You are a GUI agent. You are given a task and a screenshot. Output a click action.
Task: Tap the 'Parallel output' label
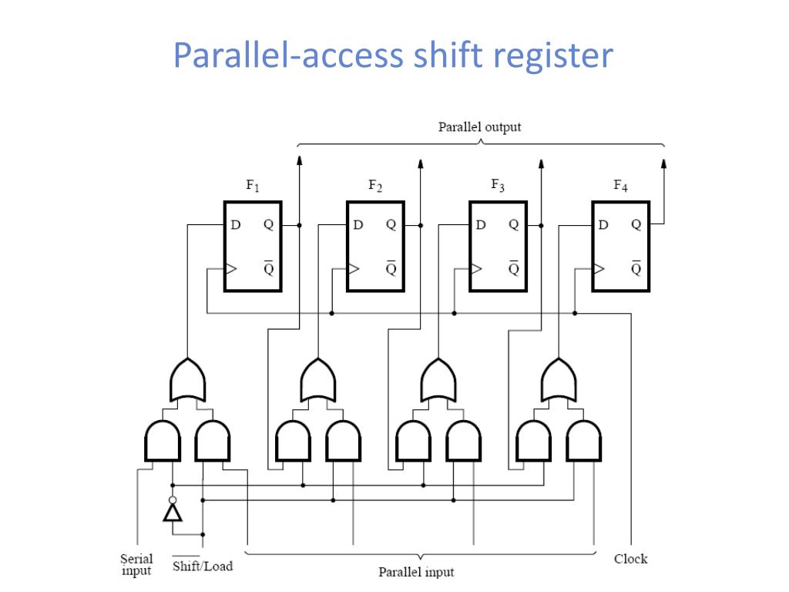(479, 127)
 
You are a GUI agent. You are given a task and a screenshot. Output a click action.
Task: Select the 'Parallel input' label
(416, 572)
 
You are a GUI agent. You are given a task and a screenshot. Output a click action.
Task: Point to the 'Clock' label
(630, 559)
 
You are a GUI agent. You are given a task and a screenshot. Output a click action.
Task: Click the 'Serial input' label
(136, 564)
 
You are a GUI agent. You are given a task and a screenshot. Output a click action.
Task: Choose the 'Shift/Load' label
(203, 566)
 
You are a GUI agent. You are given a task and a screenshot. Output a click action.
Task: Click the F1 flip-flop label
(253, 186)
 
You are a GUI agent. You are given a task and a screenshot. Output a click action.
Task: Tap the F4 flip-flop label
(620, 186)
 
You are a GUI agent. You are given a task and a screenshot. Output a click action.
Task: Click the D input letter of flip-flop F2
(358, 224)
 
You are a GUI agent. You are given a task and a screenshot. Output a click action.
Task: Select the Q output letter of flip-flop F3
(514, 224)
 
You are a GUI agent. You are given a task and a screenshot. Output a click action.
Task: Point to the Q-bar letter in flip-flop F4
(636, 268)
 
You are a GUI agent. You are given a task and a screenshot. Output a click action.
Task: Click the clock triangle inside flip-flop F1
(230, 269)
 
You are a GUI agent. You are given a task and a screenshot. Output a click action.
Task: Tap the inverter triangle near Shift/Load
(173, 513)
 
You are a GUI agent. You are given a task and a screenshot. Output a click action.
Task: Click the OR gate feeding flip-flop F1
(187, 381)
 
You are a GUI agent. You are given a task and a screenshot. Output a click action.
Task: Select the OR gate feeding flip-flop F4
(559, 381)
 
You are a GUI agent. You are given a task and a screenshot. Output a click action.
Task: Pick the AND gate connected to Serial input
(163, 442)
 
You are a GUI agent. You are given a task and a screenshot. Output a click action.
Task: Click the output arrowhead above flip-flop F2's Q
(421, 163)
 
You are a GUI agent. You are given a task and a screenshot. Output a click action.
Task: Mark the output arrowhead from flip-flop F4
(663, 163)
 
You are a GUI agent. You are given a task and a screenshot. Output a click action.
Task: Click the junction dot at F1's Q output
(300, 225)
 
